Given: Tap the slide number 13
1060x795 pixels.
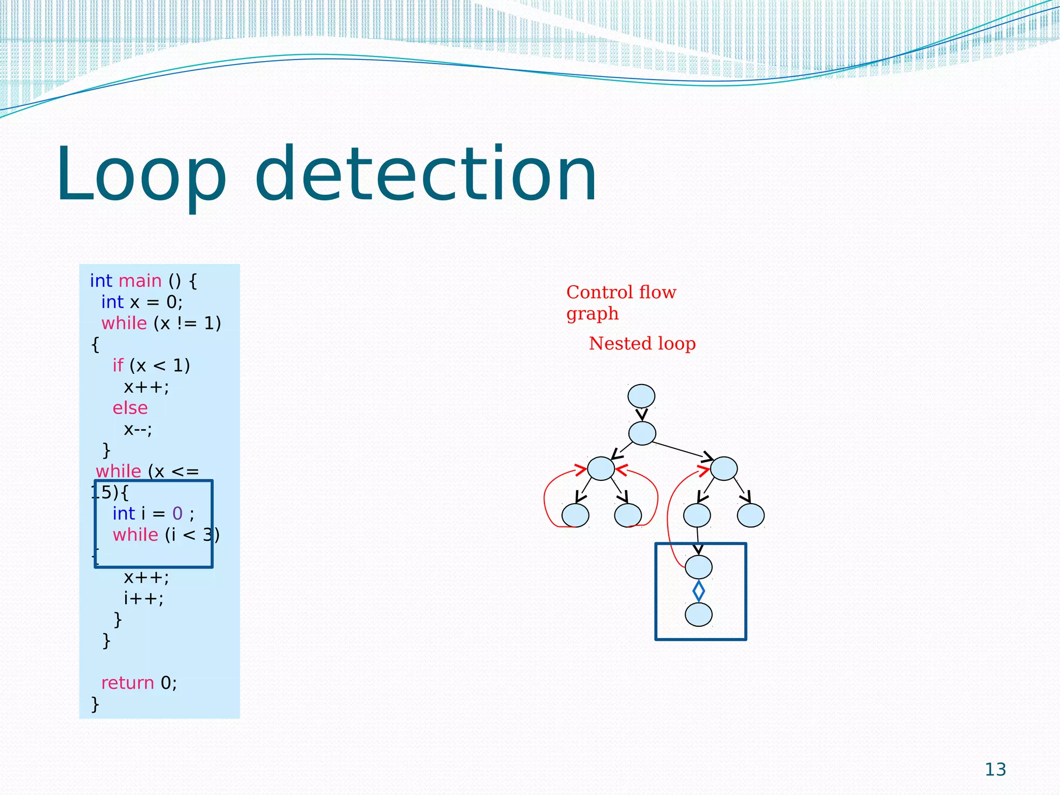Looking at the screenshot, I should coord(995,770).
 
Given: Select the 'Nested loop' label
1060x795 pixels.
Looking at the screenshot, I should coord(642,344).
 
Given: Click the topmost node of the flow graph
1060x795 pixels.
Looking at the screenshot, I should coord(641,396).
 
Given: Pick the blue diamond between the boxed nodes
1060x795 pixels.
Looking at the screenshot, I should coord(698,591).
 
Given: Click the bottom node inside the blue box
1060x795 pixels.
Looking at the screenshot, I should coord(698,615).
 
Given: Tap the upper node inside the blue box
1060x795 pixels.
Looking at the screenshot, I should coord(698,567).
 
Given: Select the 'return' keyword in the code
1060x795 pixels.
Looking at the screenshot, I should coord(127,683).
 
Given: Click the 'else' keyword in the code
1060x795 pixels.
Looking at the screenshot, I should coord(130,408).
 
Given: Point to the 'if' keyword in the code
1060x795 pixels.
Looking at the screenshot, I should coord(118,365).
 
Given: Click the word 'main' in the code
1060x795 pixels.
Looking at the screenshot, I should coord(140,281).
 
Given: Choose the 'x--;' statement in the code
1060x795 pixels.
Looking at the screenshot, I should coord(138,429).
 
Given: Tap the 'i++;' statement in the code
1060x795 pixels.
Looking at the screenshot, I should coord(143,598).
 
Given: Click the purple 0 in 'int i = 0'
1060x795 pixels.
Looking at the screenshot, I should coord(177,513).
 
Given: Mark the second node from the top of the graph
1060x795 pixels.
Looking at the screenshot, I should coord(642,433).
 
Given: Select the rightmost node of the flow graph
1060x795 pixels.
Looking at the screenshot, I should coord(750,515).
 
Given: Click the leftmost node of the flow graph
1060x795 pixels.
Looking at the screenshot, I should coord(575,515).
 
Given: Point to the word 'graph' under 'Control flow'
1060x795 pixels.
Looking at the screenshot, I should coord(592,314).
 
